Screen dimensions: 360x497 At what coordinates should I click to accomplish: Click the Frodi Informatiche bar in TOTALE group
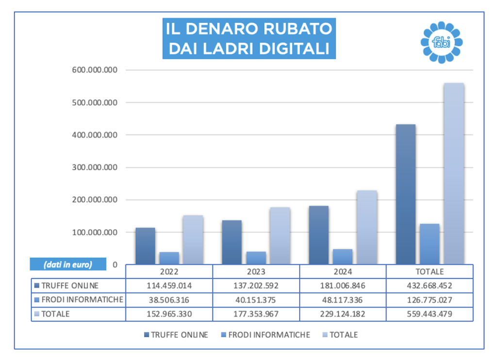430,244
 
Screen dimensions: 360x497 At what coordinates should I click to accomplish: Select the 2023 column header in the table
256,272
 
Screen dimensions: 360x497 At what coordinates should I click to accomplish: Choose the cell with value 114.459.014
169,286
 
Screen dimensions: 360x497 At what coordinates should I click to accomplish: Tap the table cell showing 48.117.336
343,300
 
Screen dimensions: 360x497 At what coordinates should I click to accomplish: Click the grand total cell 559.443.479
430,314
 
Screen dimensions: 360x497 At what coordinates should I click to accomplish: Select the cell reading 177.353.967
256,314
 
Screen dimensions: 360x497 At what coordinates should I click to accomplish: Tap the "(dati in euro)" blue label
67,264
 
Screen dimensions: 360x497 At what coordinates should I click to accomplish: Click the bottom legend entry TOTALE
343,335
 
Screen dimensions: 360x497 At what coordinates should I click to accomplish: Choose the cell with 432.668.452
430,286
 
